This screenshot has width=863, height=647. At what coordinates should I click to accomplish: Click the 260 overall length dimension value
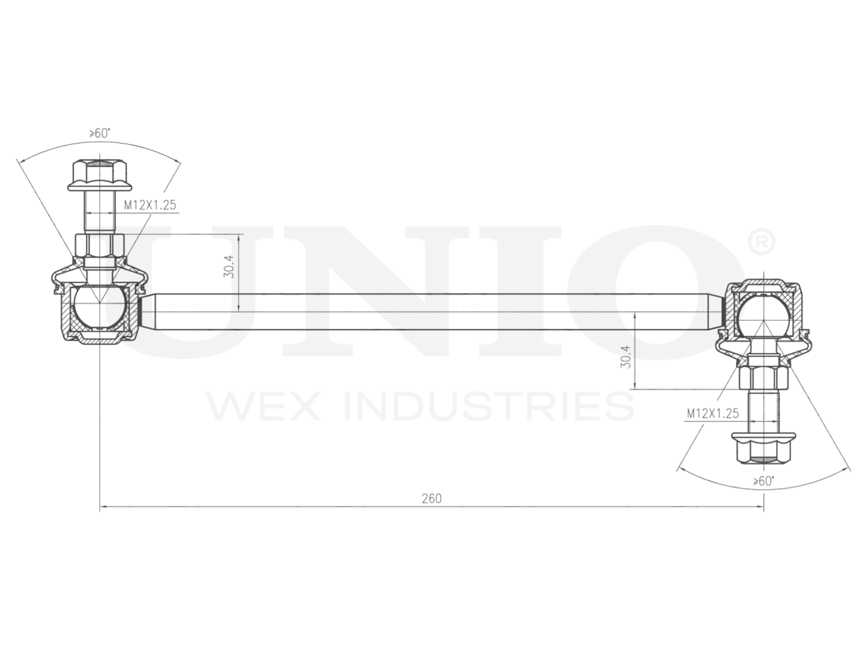[431, 499]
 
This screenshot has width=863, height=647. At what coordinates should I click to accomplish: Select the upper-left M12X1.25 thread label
[150, 205]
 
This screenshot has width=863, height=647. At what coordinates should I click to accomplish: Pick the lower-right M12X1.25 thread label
[713, 413]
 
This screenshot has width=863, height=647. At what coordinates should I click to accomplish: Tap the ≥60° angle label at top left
[99, 133]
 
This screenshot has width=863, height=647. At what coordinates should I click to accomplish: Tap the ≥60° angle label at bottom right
[763, 481]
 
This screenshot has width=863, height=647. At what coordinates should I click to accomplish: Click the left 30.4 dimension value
[229, 268]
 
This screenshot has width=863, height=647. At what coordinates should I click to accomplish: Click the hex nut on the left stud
[99, 244]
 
